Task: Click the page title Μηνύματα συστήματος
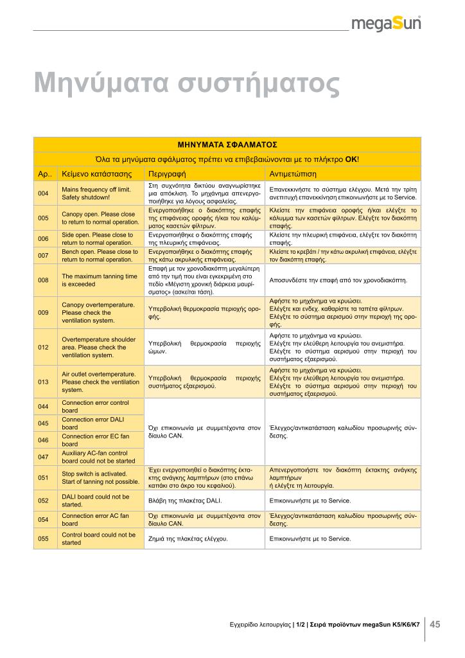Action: tap(186, 84)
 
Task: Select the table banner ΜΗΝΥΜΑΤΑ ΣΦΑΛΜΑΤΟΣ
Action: tap(227, 145)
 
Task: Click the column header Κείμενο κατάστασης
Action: tap(96, 174)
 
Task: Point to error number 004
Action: tap(43, 193)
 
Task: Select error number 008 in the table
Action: tap(43, 280)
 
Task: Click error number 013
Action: tap(43, 382)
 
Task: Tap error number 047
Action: tap(43, 457)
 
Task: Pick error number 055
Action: tap(43, 538)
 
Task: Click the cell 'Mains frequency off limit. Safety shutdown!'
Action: tap(96, 193)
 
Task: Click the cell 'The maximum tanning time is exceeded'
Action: tap(100, 280)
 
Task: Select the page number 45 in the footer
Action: tap(435, 624)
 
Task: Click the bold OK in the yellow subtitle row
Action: tap(351, 159)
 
